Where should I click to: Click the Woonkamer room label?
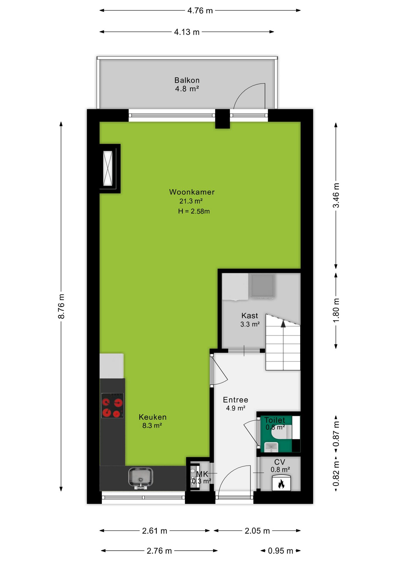[192, 192]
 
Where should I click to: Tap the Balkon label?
[187, 80]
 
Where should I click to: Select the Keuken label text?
[153, 417]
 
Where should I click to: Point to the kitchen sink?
[141, 477]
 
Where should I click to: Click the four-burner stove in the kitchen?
[112, 405]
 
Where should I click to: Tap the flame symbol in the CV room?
[281, 484]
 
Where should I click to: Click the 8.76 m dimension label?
[61, 306]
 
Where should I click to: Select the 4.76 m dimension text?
[200, 11]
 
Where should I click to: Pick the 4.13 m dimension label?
[187, 32]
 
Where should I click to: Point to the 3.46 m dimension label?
[336, 195]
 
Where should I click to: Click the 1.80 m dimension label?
[336, 310]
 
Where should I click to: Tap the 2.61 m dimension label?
[155, 531]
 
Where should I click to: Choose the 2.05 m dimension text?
[257, 531]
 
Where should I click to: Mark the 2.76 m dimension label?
[159, 551]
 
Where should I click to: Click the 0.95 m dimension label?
[281, 551]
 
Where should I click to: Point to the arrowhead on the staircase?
[283, 323]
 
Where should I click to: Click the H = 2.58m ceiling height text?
[194, 211]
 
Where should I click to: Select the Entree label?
[236, 400]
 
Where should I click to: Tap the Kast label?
[250, 316]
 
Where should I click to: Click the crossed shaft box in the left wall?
[108, 168]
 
